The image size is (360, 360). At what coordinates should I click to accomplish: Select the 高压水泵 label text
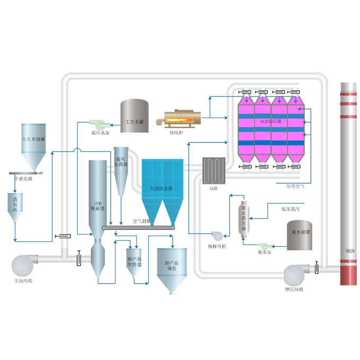[100, 133]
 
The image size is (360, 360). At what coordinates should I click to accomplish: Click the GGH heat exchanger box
[214, 170]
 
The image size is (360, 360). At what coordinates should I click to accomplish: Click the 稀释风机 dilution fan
[217, 237]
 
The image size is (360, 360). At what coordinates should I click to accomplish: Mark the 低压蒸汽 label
[291, 209]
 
